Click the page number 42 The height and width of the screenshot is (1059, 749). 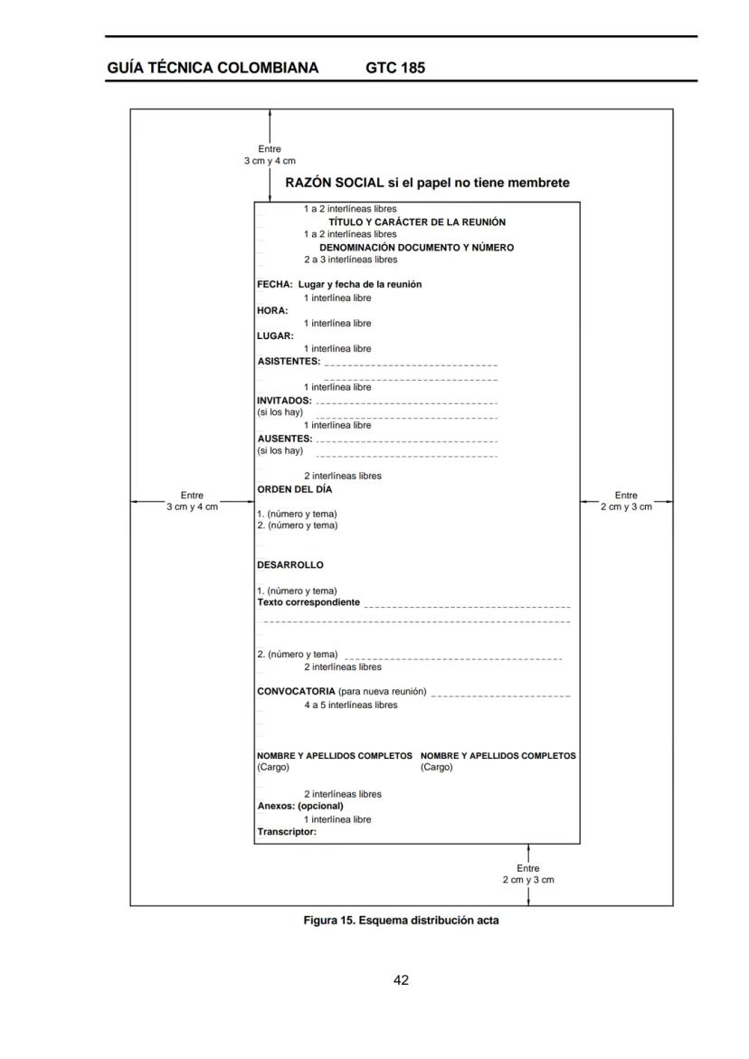coord(401,980)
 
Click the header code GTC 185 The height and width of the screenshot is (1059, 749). coord(395,68)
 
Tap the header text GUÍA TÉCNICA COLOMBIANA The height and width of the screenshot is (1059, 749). coord(213,68)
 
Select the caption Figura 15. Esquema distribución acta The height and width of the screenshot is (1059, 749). coord(401,921)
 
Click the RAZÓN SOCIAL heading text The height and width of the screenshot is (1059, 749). coord(427,183)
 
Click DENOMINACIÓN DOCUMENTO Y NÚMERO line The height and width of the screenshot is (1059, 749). coord(416,247)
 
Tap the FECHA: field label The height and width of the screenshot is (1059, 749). coord(275,284)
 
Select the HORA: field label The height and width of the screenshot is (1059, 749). coord(272,310)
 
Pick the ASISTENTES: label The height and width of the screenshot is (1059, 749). coord(289,361)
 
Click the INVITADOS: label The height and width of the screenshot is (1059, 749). coord(284,400)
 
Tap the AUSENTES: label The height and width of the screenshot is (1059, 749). coord(284,438)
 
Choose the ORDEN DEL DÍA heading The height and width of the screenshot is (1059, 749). coord(294,489)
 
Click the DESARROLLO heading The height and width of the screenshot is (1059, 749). coord(289,564)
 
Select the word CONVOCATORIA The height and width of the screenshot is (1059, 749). coord(296,691)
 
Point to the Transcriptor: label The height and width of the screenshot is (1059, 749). coord(287,831)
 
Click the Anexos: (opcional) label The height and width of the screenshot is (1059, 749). coord(300,805)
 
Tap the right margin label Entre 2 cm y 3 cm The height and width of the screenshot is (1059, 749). coord(626,501)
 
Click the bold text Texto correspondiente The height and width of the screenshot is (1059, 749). coord(308,602)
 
